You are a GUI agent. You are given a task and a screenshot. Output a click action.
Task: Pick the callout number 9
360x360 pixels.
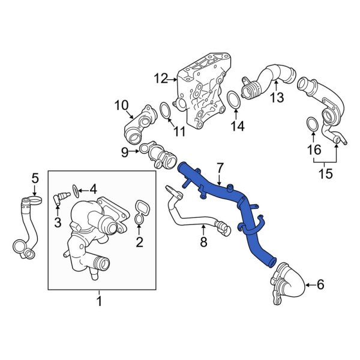125,152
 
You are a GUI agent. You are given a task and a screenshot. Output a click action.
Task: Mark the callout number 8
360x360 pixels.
203,242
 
